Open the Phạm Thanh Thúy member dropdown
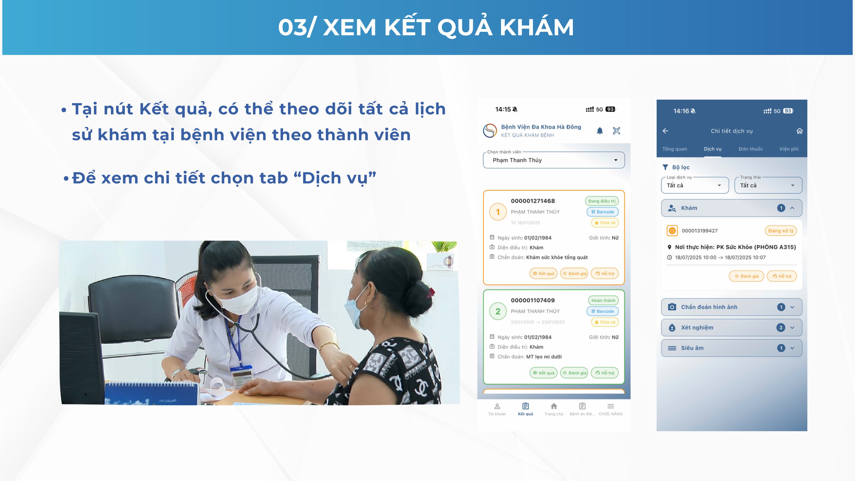pos(554,160)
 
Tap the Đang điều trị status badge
pos(602,201)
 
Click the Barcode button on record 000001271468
pos(602,212)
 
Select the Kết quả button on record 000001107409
pos(543,373)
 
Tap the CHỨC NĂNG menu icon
pos(611,406)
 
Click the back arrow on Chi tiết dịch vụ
pos(665,131)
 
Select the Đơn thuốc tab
pos(751,149)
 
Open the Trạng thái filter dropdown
pos(768,185)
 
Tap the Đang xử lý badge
pos(781,231)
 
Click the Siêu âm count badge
pos(781,348)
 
